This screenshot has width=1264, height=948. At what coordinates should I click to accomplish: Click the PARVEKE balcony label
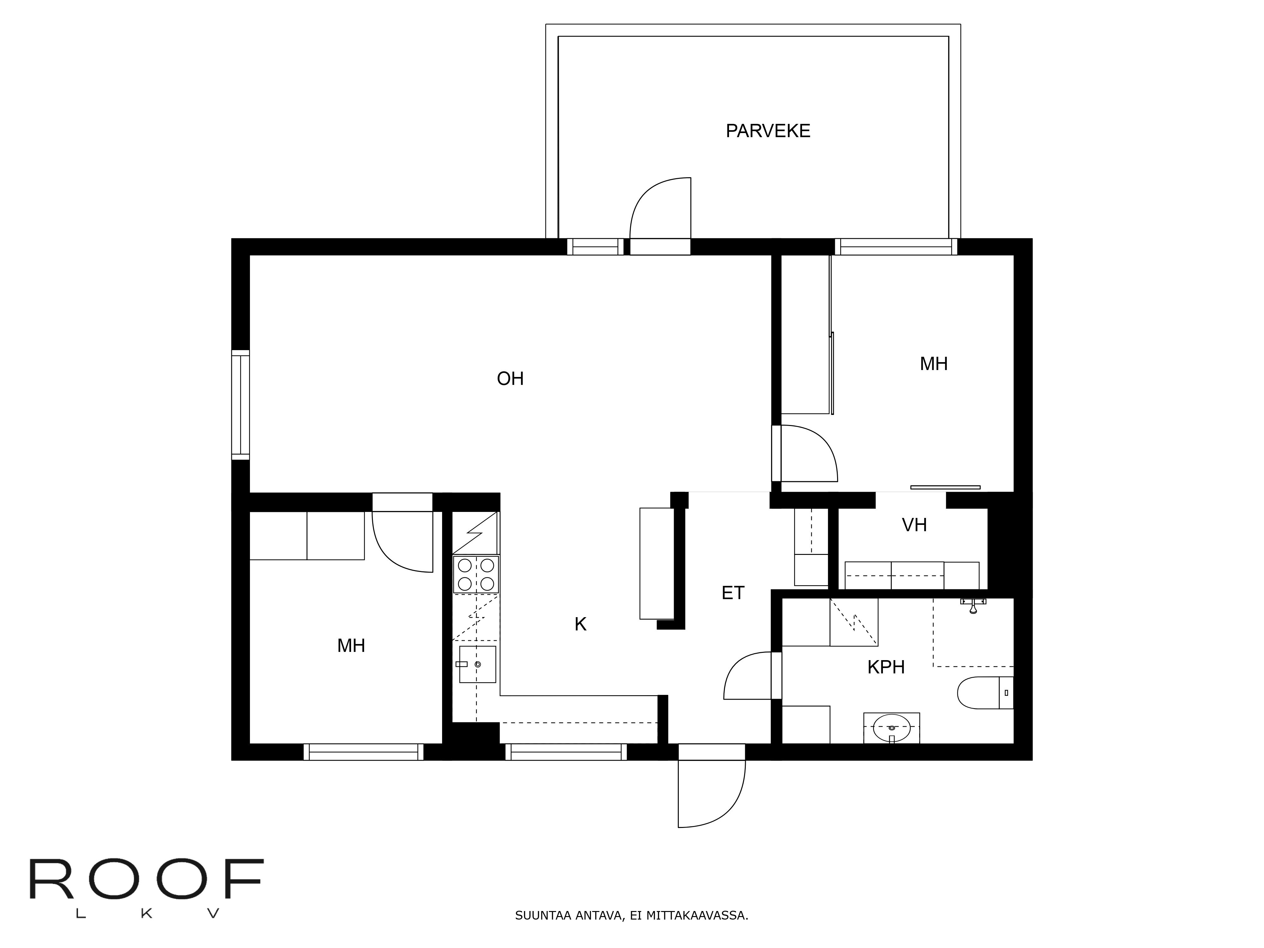click(x=768, y=131)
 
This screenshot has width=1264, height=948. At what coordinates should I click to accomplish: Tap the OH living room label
click(x=510, y=378)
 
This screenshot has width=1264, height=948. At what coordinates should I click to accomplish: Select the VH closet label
click(x=914, y=525)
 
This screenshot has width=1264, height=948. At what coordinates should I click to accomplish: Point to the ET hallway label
click(x=732, y=592)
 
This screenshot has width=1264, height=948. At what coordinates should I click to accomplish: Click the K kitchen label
click(x=580, y=624)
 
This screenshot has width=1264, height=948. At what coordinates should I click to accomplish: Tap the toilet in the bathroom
click(x=984, y=693)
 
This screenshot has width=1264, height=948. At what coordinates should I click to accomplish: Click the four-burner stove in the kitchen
click(x=476, y=574)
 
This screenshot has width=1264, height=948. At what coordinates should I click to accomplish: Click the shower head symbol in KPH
click(x=973, y=605)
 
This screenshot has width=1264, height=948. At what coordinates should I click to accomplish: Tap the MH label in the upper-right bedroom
click(x=933, y=363)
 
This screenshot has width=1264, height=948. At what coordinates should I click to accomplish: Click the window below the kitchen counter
click(x=566, y=752)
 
